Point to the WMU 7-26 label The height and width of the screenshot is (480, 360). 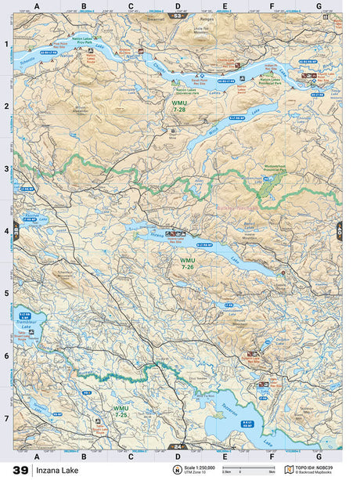pyautogui.click(x=187, y=264)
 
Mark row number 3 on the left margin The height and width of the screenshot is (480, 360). pyautogui.click(x=6, y=168)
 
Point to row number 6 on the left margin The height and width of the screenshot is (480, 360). pyautogui.click(x=6, y=355)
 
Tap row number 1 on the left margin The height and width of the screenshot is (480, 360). pyautogui.click(x=6, y=44)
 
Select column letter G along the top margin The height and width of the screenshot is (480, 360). pyautogui.click(x=318, y=7)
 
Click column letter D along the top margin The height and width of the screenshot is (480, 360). pyautogui.click(x=178, y=7)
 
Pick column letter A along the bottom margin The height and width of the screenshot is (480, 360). pyautogui.click(x=37, y=455)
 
